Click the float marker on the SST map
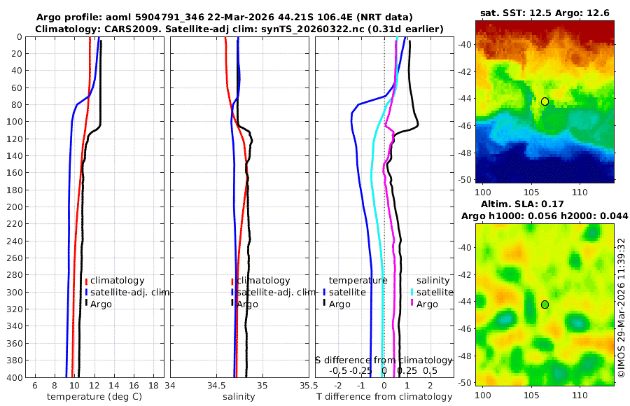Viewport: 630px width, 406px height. coord(545,101)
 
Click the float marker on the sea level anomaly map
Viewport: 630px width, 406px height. coord(545,304)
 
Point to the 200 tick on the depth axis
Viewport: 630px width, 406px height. coord(14,207)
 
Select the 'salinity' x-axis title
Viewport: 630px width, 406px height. coord(238,397)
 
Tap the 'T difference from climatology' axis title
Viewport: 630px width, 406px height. coord(384,397)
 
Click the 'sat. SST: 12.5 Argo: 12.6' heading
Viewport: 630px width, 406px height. coord(545,13)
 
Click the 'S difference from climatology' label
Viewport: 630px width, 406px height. coord(384,360)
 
